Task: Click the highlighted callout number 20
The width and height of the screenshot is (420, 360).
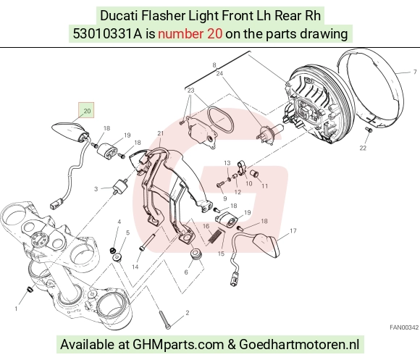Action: tap(86, 110)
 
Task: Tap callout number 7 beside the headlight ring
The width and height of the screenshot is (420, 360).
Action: tap(415, 72)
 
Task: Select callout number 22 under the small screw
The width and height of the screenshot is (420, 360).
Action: tap(363, 148)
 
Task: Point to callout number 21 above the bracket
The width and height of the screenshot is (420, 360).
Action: tap(160, 133)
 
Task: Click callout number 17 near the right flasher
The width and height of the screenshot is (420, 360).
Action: tap(293, 230)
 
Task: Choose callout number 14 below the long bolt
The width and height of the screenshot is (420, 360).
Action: tap(135, 267)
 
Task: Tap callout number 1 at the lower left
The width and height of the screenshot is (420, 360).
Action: tap(16, 309)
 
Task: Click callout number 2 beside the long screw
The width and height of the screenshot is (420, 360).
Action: tap(188, 313)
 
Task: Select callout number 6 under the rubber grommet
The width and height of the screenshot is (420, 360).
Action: tap(186, 272)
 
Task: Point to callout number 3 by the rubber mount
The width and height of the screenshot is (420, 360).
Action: tap(96, 189)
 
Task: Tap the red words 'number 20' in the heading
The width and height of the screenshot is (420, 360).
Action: tap(190, 34)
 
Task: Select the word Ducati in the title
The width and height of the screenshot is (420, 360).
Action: tap(119, 16)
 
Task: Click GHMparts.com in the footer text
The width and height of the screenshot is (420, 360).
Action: tap(178, 345)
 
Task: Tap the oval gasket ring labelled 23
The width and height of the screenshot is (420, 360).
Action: tap(220, 120)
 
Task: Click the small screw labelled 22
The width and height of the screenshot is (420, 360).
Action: tap(369, 130)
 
